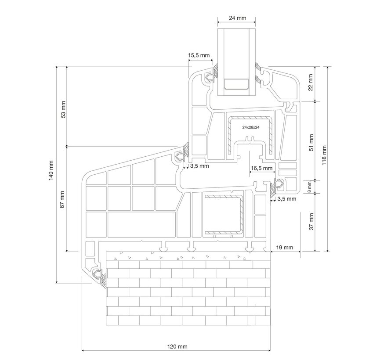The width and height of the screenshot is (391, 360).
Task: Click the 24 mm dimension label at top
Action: click(237, 18)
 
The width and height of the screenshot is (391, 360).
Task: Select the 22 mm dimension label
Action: click(310, 82)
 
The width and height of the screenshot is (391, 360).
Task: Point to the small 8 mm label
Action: click(309, 186)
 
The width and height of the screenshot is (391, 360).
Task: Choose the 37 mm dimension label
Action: click(310, 222)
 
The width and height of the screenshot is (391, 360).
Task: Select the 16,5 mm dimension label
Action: click(262, 168)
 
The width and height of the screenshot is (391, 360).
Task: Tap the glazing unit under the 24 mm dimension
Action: click(237, 61)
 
